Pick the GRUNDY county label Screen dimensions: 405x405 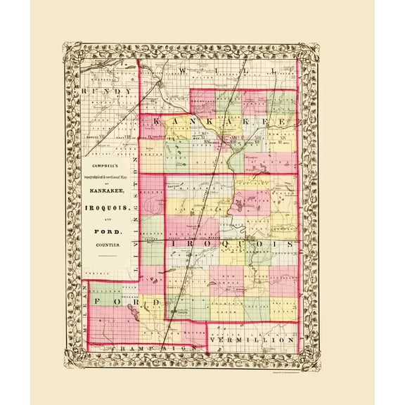pyautogui.click(x=106, y=91)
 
